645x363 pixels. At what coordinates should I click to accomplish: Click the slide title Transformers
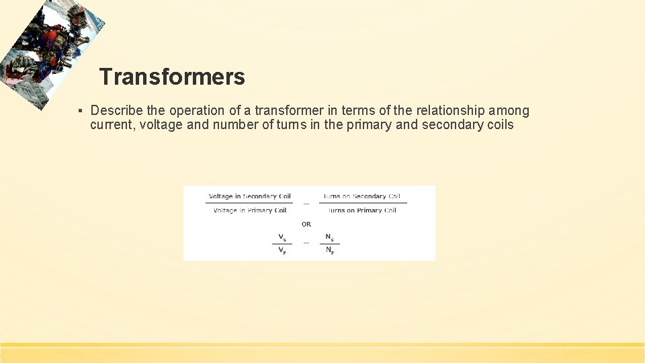[x=172, y=77]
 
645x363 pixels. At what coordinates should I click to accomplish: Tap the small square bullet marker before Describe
[x=80, y=111]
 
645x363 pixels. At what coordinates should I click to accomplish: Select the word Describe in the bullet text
[x=116, y=110]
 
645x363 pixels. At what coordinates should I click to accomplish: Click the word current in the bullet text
[x=111, y=125]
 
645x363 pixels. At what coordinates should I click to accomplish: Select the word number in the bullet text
[x=235, y=125]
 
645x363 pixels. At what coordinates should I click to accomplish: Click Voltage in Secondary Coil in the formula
[x=250, y=196]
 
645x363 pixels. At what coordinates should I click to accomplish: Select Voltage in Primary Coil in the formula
[x=250, y=210]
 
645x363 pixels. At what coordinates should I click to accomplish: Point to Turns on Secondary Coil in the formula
[x=361, y=196]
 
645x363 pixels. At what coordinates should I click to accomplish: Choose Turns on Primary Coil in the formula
[x=361, y=210]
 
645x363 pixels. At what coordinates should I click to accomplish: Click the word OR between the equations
[x=306, y=224]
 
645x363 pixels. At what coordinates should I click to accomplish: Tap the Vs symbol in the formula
[x=282, y=237]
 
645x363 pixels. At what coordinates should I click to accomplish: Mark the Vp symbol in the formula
[x=282, y=251]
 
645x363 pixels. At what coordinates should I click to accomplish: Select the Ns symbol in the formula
[x=329, y=237]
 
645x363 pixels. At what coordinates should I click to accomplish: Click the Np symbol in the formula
[x=329, y=251]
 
